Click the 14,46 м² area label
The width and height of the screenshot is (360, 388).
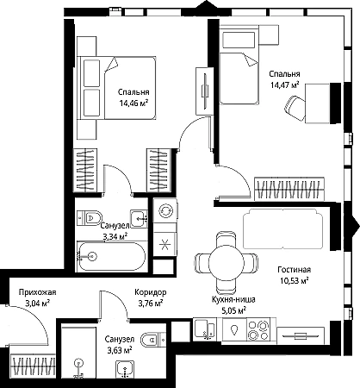pos(133,103)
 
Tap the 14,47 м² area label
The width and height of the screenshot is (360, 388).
pos(284,84)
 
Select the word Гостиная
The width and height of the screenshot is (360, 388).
pos(294,270)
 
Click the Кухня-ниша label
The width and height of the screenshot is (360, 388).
pos(233,299)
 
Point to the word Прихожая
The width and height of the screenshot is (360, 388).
pos(38,292)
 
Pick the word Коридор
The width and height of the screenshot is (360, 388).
pos(151,292)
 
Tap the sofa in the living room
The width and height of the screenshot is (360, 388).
pos(282,228)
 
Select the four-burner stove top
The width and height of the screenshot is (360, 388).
pos(258,329)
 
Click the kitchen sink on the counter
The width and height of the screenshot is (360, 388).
pos(205,329)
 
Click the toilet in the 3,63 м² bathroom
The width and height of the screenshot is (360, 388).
pos(152,340)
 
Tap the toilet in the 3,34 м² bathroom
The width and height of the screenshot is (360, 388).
pos(90,218)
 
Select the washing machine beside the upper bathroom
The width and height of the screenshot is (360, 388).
pos(164,210)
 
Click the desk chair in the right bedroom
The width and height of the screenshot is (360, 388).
pos(295,108)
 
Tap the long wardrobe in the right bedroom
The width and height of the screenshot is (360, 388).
pos(289,188)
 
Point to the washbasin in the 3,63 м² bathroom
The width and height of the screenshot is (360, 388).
pos(125,369)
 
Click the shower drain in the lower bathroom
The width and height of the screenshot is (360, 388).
pos(78,363)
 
